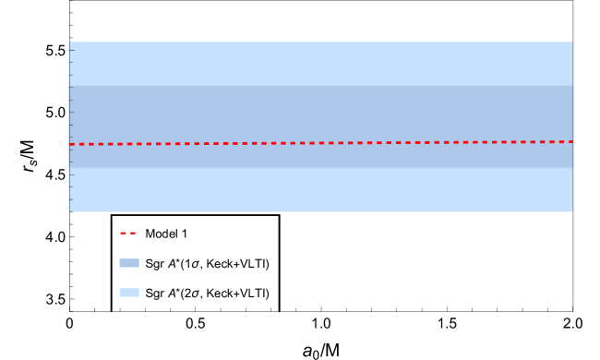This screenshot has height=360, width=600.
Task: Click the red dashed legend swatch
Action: pyautogui.click(x=128, y=233)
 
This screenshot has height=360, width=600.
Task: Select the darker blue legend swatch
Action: pyautogui.click(x=129, y=263)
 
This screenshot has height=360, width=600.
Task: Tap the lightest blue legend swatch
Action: pyautogui.click(x=129, y=293)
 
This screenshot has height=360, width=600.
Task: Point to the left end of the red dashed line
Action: pyautogui.click(x=71, y=144)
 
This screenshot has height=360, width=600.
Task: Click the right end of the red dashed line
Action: pyautogui.click(x=571, y=141)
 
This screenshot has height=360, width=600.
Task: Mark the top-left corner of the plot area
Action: pyautogui.click(x=69, y=42)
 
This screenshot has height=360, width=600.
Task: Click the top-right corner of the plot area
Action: pyautogui.click(x=572, y=42)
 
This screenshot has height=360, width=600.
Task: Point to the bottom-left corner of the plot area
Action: pyautogui.click(x=69, y=211)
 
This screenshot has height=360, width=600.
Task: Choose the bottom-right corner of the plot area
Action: pyautogui.click(x=572, y=211)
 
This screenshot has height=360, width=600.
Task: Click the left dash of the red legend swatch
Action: pyautogui.click(x=123, y=233)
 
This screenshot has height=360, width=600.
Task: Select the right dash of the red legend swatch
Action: pyautogui.click(x=133, y=233)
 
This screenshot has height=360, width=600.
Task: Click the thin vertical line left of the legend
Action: pyautogui.click(x=69, y=268)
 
